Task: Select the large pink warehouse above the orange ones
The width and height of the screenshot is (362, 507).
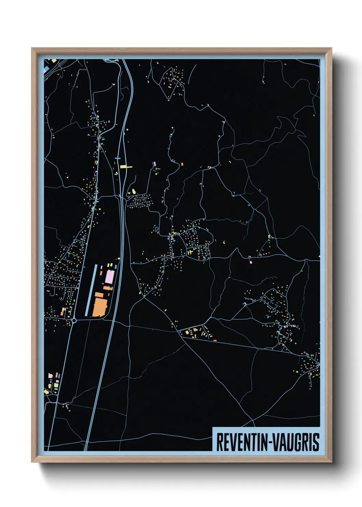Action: click(x=110, y=277)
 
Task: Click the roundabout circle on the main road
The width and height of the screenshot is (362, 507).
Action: click(x=74, y=321)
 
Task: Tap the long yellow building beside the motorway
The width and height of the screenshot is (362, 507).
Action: click(x=126, y=167)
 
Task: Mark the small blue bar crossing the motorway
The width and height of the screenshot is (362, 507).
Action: click(x=118, y=158)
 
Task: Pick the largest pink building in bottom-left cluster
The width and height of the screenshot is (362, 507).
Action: click(x=51, y=376)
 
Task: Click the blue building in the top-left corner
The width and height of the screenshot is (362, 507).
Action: click(x=46, y=69)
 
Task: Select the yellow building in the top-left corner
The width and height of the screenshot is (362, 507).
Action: click(x=54, y=61)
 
